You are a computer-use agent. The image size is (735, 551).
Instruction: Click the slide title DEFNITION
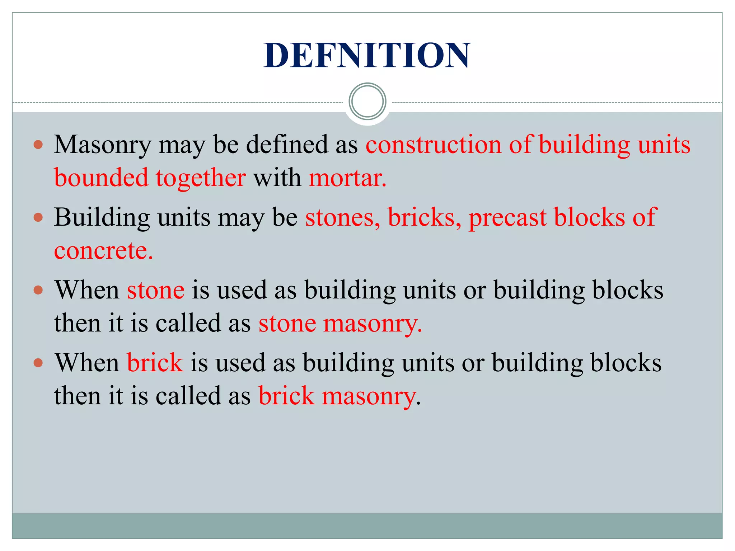click(x=367, y=55)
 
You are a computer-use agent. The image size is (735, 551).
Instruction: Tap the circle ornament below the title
click(x=367, y=102)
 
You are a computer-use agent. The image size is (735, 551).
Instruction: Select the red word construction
click(x=433, y=145)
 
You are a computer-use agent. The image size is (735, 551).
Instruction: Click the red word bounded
click(x=101, y=178)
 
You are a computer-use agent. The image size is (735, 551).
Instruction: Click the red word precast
click(x=507, y=218)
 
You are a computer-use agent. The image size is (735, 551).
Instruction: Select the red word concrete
click(x=103, y=250)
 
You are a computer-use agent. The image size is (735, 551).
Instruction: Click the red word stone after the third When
click(x=156, y=290)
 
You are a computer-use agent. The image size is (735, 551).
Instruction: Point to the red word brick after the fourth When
click(x=155, y=362)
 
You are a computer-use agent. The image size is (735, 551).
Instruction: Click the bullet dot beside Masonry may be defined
click(x=38, y=145)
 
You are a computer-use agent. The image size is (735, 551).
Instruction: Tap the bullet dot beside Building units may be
click(x=38, y=217)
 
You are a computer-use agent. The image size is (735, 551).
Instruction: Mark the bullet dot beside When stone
click(x=38, y=290)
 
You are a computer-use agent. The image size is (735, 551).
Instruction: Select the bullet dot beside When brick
click(x=38, y=363)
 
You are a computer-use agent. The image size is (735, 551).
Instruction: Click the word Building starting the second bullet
click(x=102, y=218)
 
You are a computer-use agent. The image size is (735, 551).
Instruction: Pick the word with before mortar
click(x=277, y=178)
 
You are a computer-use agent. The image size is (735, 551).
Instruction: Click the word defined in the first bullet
click(x=287, y=145)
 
